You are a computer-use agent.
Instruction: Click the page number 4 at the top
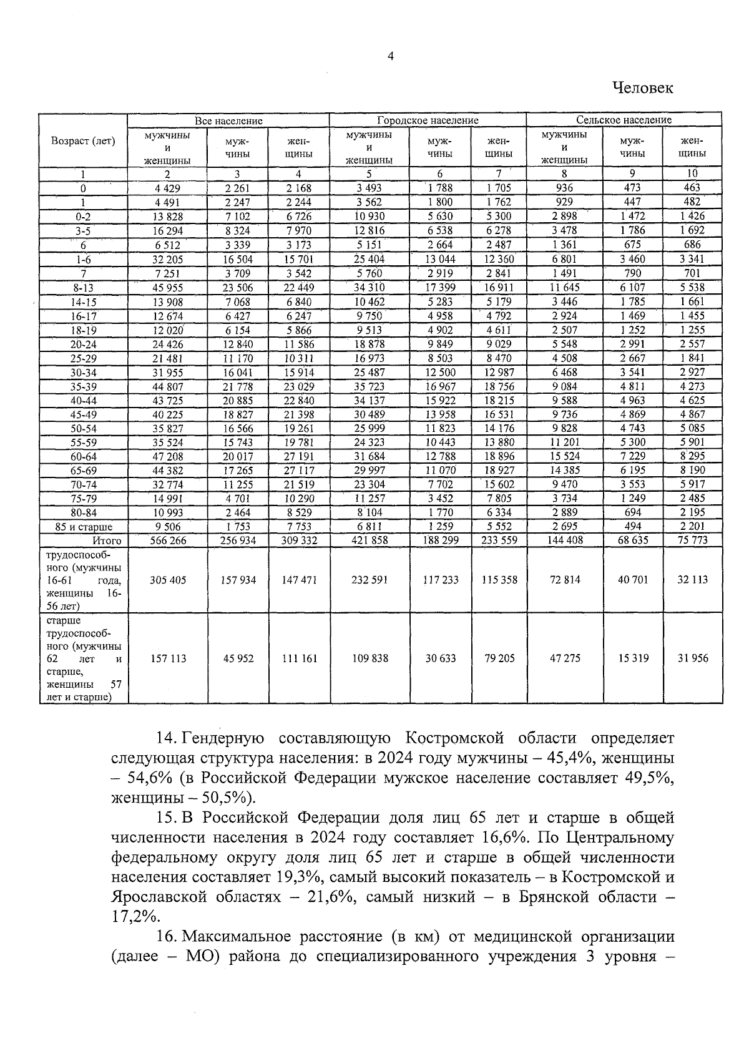pos(391,56)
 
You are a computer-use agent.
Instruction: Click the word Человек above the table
pos(642,88)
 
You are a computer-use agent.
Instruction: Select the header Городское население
pos(428,120)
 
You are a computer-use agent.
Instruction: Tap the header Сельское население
pos(624,120)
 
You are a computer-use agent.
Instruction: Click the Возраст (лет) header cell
pos(83,141)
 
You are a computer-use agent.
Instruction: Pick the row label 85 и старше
pos(84,527)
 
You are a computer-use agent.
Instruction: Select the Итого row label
pos(107,540)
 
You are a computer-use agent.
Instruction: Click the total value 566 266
pos(167,540)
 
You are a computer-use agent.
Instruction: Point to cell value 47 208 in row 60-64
pos(168,456)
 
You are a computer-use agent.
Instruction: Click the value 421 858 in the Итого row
pos(370,540)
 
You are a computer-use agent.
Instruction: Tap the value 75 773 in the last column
pos(692,540)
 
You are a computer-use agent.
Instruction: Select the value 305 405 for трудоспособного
pos(167,580)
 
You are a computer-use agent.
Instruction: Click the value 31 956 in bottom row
pos(692,658)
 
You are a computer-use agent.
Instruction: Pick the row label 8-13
pos(83,288)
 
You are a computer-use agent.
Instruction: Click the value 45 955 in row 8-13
pos(168,288)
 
